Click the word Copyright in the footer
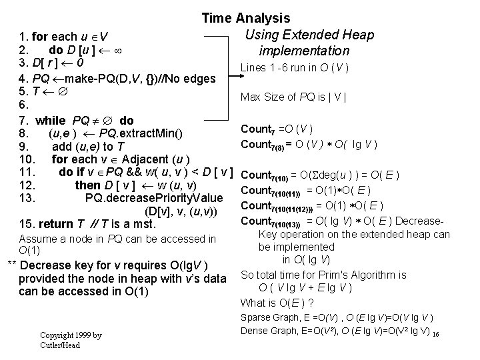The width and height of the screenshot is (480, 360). tap(56, 335)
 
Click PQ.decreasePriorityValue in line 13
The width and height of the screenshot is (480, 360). tap(155, 197)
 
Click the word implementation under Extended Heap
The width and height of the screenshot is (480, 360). tap(305, 51)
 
